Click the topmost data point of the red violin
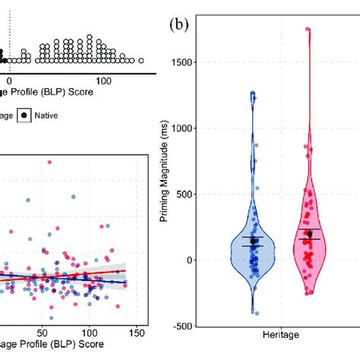[x=308, y=30]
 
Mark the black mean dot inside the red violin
[x=308, y=234]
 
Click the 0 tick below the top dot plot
[x=9, y=80]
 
